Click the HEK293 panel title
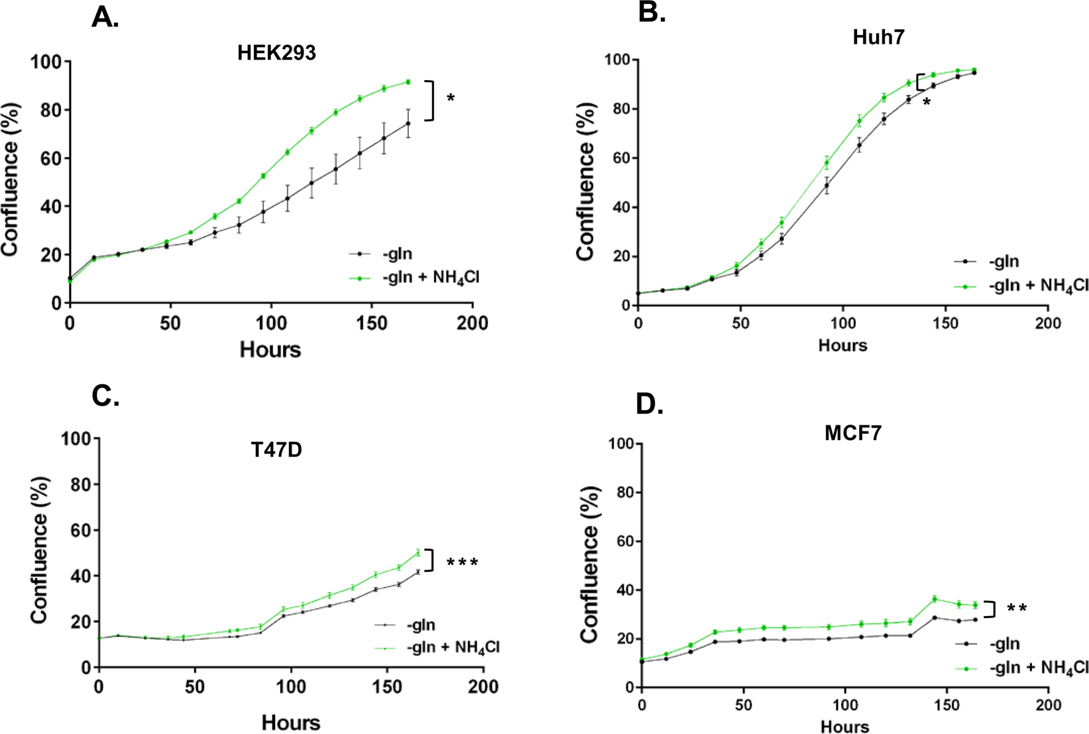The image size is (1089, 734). pyautogui.click(x=276, y=53)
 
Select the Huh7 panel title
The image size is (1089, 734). pyautogui.click(x=878, y=37)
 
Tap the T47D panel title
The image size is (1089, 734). pyautogui.click(x=276, y=450)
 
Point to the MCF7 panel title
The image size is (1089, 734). pyautogui.click(x=852, y=433)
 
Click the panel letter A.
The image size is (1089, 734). pyautogui.click(x=105, y=17)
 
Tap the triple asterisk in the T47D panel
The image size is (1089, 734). pyautogui.click(x=462, y=564)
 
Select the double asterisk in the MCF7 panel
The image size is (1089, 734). pyautogui.click(x=1017, y=609)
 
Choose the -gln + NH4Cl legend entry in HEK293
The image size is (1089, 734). pyautogui.click(x=430, y=278)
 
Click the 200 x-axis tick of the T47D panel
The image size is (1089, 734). pyautogui.click(x=483, y=687)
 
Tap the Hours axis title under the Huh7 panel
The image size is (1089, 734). pyautogui.click(x=842, y=345)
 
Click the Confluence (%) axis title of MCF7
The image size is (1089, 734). pyautogui.click(x=589, y=564)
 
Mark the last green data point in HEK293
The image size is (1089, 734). pyautogui.click(x=408, y=82)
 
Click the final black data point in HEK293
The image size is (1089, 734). pyautogui.click(x=408, y=123)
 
